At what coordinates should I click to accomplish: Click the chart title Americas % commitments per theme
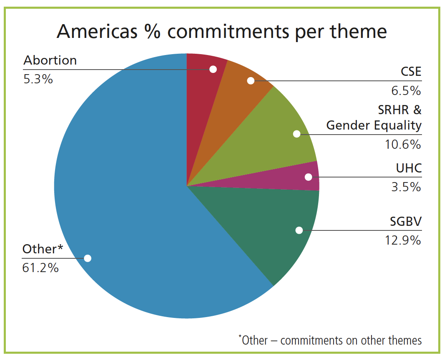[221, 31]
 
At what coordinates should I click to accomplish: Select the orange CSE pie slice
[238, 92]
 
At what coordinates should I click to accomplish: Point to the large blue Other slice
[125, 187]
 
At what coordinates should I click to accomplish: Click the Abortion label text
[50, 60]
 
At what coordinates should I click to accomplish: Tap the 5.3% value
[38, 79]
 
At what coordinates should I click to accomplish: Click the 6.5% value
[407, 91]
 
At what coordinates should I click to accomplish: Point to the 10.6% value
[403, 144]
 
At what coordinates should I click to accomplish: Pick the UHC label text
[408, 168]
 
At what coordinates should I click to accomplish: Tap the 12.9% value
[403, 240]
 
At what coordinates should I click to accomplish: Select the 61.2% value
[40, 268]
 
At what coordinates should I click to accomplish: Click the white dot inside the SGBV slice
[299, 230]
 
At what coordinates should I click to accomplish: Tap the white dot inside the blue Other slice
[88, 258]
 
